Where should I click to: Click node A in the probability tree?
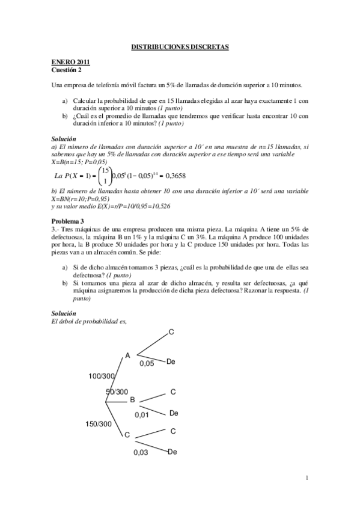click(127, 355)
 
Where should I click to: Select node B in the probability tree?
click(132, 399)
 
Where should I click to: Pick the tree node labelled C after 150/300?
click(127, 435)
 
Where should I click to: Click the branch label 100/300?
click(101, 376)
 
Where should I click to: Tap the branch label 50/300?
click(117, 392)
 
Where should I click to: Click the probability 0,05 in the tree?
click(147, 363)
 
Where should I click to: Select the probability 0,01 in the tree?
click(142, 414)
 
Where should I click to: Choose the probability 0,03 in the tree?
click(141, 452)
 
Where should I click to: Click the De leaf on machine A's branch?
click(171, 361)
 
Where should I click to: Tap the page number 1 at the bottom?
click(307, 478)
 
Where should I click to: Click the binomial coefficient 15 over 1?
click(105, 176)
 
